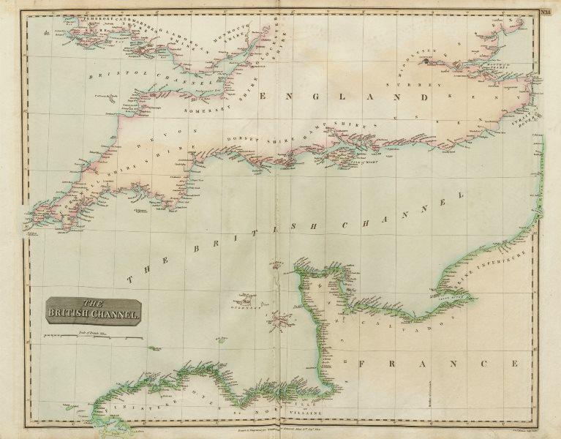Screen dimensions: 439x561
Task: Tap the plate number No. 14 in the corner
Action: (546, 10)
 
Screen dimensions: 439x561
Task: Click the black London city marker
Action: (425, 63)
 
